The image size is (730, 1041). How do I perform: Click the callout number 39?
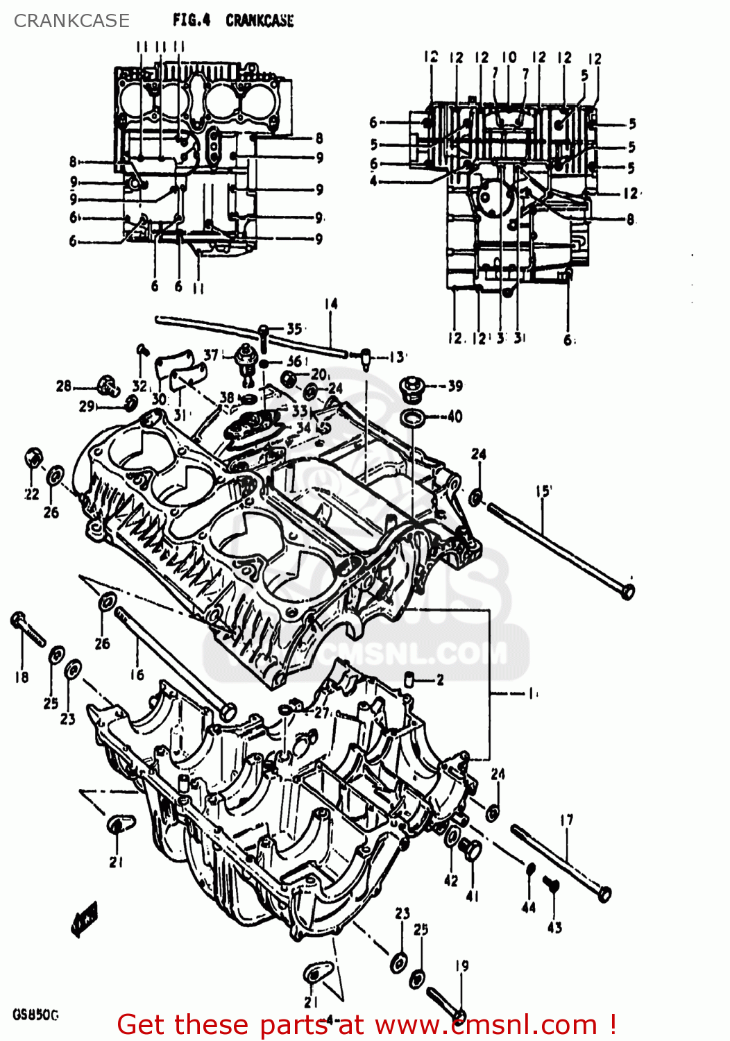[x=455, y=386]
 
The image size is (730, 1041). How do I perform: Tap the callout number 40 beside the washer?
[x=455, y=416]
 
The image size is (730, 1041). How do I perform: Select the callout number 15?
[x=543, y=491]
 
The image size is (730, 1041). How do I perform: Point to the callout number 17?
[x=566, y=820]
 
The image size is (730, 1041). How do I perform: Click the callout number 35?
[x=294, y=329]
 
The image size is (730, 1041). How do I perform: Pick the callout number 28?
[x=64, y=386]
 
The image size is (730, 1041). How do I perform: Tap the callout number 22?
[x=32, y=494]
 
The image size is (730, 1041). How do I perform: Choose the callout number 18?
[x=22, y=677]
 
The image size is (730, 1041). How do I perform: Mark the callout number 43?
[x=554, y=927]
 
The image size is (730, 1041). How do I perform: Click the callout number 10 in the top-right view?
[x=509, y=57]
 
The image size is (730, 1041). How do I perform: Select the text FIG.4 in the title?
[x=192, y=20]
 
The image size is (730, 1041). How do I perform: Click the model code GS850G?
[x=35, y=1015]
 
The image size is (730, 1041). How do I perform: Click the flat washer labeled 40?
[x=414, y=418]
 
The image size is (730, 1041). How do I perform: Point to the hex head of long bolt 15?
[x=627, y=591]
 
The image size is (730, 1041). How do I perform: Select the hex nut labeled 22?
[x=33, y=458]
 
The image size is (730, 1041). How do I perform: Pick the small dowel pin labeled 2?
[x=409, y=679]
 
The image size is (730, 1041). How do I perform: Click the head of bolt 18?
[x=19, y=619]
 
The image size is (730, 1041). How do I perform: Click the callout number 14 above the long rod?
[x=331, y=304]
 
